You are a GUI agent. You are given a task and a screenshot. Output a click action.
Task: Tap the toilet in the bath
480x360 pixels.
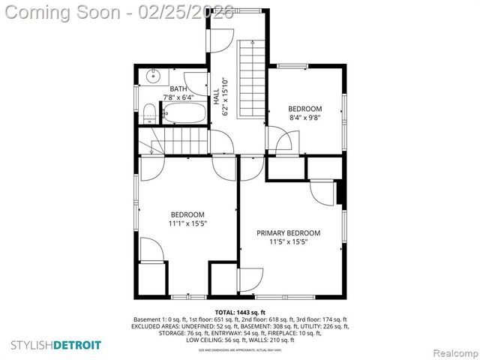coord(150,113)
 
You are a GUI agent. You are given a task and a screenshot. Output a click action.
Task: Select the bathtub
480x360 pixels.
coord(184,114)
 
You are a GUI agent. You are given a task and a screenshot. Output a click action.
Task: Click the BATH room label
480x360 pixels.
coord(178,88)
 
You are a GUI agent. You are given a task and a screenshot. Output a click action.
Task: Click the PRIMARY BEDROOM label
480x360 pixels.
coord(289,232)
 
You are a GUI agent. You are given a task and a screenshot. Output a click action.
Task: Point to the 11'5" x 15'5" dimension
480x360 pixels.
coord(289,241)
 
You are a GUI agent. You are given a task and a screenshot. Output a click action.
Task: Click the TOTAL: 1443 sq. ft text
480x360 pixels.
coord(240,311)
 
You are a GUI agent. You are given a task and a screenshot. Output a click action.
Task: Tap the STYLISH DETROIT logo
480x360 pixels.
coord(57,345)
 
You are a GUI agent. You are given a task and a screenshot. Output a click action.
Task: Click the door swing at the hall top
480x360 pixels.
coord(222,40)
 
